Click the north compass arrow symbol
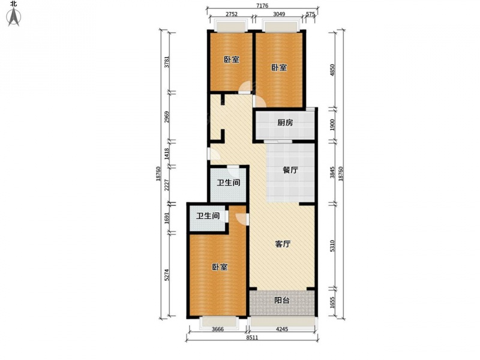coord(14,17)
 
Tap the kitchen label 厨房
coord(285,123)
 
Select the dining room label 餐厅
coord(290,170)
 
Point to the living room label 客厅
coord(283,244)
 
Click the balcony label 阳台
coord(281,301)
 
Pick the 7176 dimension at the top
coord(262,5)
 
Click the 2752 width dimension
coord(232,14)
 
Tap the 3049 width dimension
coord(279,14)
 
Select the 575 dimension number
coord(310,14)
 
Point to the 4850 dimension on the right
coord(333,70)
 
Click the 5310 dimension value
coord(333,246)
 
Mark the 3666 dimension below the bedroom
coord(218,329)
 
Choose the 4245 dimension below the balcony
coord(282,329)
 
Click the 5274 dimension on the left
coord(167,275)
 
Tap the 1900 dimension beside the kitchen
coord(333,124)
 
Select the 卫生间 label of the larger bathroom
coord(229,183)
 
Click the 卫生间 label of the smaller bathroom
coord(208,216)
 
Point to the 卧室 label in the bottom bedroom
coord(220,267)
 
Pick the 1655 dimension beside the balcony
coord(333,303)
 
